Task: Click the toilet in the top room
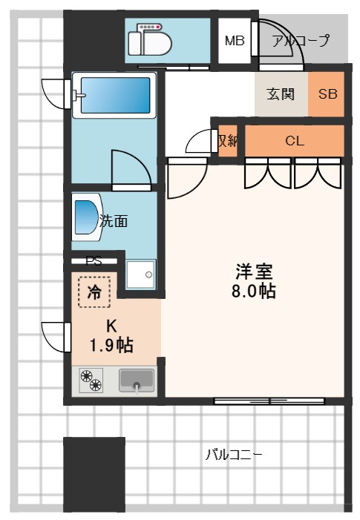point(150,40)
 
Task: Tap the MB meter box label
point(235,41)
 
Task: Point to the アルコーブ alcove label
point(301,41)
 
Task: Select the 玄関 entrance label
point(281,94)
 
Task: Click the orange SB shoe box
point(327,94)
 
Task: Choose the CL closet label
point(294,141)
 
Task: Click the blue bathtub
point(114,95)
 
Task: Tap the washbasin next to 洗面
point(86,217)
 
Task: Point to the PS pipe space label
point(94,261)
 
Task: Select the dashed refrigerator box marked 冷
point(94,292)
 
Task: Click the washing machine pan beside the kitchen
point(141,274)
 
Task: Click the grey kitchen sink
point(137,381)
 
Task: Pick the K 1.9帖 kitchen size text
point(112,336)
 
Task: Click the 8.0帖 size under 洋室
point(254,292)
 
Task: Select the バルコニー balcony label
point(234,454)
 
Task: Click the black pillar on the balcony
point(94,475)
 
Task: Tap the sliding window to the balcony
point(269,401)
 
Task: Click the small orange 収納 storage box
point(228,141)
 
